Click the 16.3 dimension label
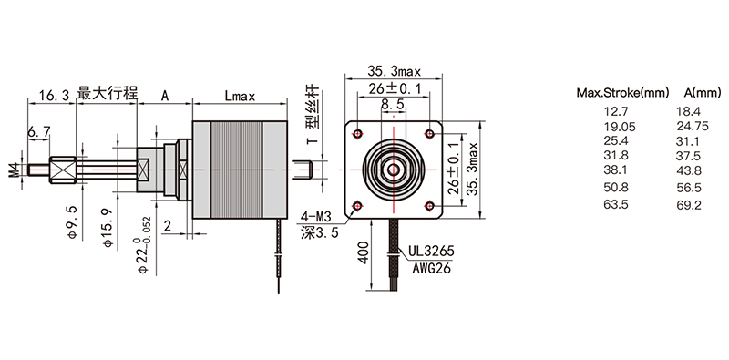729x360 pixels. click(x=54, y=96)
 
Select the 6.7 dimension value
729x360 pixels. click(x=38, y=132)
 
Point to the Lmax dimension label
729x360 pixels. click(x=240, y=97)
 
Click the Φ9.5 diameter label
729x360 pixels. click(x=73, y=221)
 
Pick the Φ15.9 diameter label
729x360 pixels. click(x=108, y=228)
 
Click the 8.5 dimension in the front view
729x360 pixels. click(x=393, y=105)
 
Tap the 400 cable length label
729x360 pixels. click(x=363, y=252)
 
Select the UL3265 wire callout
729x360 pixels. click(x=430, y=252)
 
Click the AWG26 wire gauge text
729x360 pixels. click(x=431, y=268)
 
